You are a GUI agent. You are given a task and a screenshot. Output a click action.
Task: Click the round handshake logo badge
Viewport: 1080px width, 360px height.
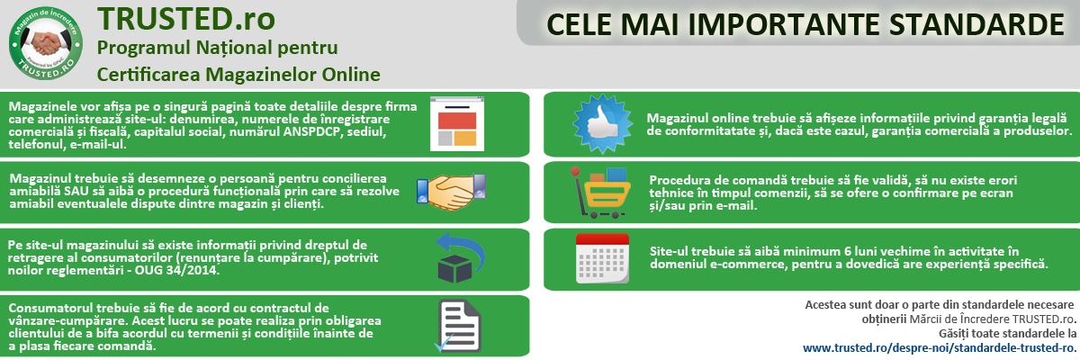pyautogui.click(x=46, y=43)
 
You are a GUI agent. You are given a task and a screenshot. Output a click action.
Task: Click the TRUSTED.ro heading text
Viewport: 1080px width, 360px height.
pyautogui.click(x=186, y=19)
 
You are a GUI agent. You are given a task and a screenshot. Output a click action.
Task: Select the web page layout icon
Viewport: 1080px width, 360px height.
pyautogui.click(x=457, y=124)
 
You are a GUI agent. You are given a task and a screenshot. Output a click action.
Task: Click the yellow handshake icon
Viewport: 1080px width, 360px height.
pyautogui.click(x=452, y=192)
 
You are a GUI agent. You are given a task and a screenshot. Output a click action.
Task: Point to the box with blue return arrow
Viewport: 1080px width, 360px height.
pyautogui.click(x=460, y=257)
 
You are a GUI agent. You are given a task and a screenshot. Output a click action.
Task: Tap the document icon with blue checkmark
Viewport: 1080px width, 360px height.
pyautogui.click(x=458, y=326)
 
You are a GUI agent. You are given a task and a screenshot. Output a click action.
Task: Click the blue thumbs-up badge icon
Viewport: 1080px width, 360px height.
pyautogui.click(x=602, y=124)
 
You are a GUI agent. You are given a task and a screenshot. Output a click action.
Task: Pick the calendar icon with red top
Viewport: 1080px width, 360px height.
pyautogui.click(x=602, y=258)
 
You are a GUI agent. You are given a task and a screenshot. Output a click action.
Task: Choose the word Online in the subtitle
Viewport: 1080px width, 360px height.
pyautogui.click(x=351, y=75)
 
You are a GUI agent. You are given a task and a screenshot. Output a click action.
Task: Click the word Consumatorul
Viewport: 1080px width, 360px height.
pyautogui.click(x=50, y=308)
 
